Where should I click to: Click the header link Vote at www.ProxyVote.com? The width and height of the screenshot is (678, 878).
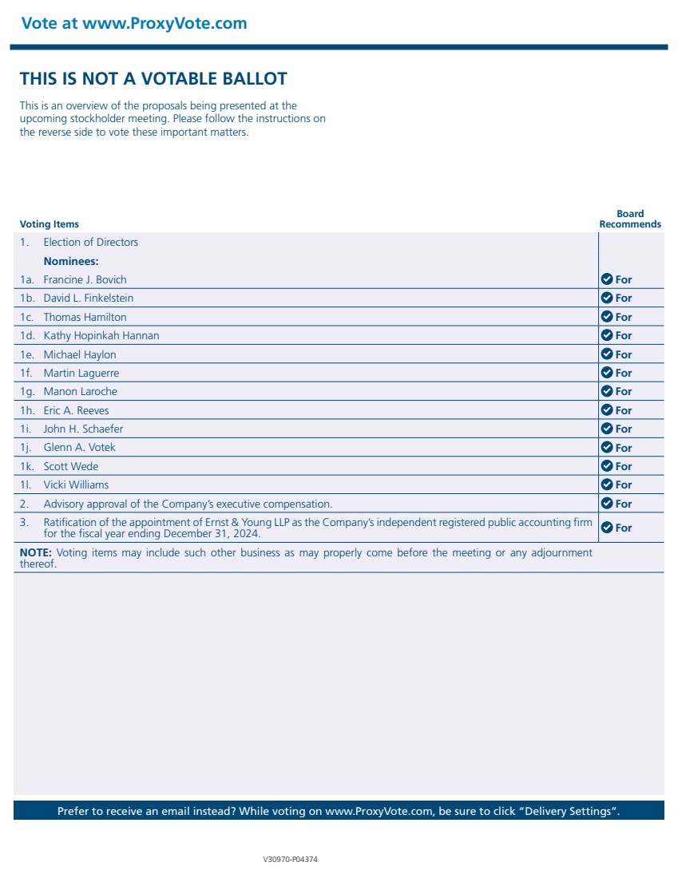(x=134, y=23)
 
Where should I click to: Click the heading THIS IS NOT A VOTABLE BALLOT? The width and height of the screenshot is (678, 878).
(x=153, y=79)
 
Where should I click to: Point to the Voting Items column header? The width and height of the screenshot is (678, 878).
(x=50, y=224)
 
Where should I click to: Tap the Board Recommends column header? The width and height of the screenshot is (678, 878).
(x=630, y=219)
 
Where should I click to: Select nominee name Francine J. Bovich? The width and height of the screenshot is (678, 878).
(x=85, y=279)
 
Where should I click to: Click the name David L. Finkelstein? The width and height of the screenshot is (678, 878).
(x=89, y=298)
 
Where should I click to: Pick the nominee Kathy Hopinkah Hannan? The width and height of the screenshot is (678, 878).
(x=101, y=335)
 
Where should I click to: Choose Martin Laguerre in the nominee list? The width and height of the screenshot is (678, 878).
(x=81, y=373)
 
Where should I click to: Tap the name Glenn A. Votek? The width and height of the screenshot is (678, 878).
(x=80, y=447)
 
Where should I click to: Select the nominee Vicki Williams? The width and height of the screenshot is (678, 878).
(x=76, y=484)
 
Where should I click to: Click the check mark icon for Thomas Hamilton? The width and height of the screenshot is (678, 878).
(x=606, y=317)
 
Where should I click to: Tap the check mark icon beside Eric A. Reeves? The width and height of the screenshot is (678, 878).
(x=606, y=410)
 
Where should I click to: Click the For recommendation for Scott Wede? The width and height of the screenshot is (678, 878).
(x=623, y=466)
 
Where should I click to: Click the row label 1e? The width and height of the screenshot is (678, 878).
(x=26, y=354)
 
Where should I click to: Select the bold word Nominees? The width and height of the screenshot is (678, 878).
(x=71, y=261)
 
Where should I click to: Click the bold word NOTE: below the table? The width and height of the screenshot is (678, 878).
(x=36, y=552)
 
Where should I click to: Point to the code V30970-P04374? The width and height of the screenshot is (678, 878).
(x=291, y=860)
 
